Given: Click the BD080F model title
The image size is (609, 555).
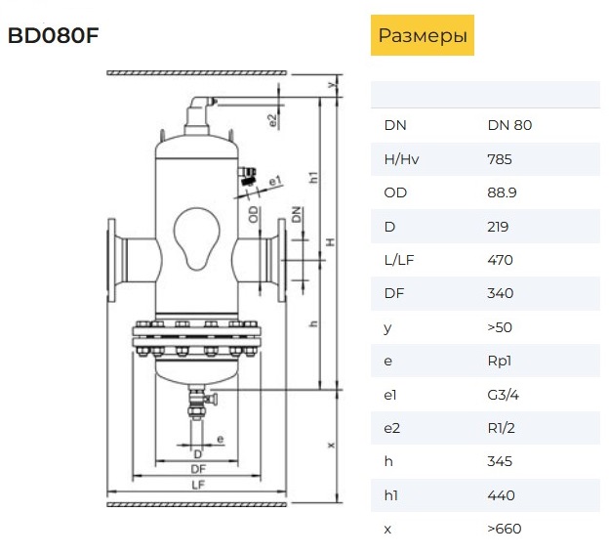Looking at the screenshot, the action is click(54, 35).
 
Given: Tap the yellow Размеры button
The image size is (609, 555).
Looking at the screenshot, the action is click(423, 35).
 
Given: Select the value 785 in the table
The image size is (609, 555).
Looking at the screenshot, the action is click(500, 159).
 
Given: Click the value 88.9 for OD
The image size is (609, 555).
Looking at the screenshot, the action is click(502, 192).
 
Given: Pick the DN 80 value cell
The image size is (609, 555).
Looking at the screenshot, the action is click(509, 125).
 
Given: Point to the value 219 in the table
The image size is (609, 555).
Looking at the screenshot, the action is click(498, 227).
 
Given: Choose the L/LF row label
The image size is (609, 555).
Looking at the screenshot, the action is click(399, 260).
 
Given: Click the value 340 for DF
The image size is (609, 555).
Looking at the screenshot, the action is click(501, 293).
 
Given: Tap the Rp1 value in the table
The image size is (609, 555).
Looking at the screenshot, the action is click(499, 361).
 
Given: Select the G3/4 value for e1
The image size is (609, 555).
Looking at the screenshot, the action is click(503, 395).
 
